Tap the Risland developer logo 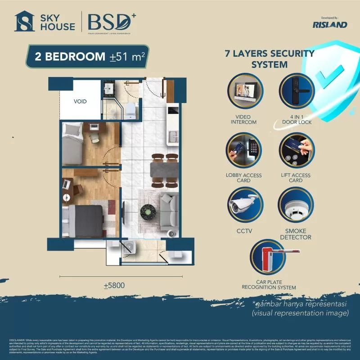[329, 23]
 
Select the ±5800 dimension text [113, 285]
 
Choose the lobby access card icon [245, 152]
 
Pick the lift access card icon [296, 152]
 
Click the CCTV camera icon [245, 205]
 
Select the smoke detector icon [296, 205]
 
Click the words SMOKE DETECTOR [296, 234]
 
